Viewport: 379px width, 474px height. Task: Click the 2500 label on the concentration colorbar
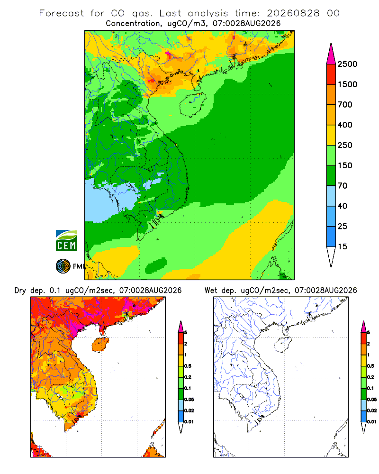point(347,64)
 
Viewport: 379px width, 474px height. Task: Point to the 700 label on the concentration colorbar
point(345,105)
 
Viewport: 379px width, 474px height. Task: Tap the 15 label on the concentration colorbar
point(343,246)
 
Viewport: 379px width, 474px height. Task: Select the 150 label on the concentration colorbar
point(345,165)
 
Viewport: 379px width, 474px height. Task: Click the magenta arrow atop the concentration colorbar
point(331,55)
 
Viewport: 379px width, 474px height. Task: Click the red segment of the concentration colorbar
point(331,74)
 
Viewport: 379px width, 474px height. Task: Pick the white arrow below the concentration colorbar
point(331,256)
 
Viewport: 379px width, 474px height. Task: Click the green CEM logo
point(66,241)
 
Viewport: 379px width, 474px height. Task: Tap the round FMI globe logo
point(63,266)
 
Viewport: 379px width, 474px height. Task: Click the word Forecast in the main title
point(62,13)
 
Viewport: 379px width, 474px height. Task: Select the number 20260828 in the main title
point(293,13)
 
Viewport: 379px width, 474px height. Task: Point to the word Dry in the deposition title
point(20,291)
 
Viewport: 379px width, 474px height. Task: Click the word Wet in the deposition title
point(211,291)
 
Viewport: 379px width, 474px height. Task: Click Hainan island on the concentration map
point(193,105)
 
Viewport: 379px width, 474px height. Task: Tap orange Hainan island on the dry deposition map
point(100,345)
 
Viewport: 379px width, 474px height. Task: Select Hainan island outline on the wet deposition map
point(283,345)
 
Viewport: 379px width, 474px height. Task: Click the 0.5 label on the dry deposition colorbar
point(188,366)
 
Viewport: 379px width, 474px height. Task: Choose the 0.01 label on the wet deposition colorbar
point(372,422)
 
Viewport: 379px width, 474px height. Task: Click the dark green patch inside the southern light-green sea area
point(156,265)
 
